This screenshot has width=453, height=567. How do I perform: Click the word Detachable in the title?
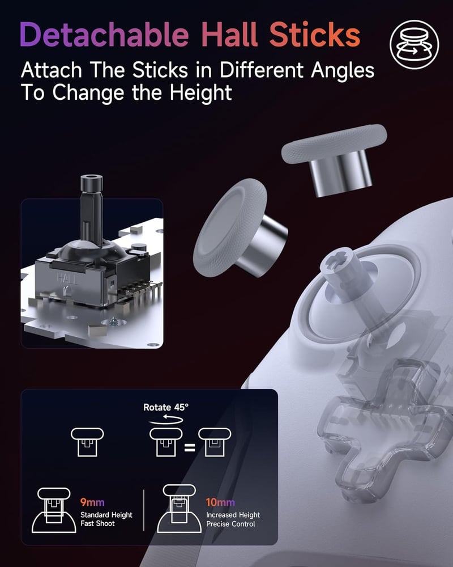tap(104, 35)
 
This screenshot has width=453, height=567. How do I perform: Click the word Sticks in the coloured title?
tap(315, 35)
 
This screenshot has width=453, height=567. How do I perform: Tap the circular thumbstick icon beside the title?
tap(414, 44)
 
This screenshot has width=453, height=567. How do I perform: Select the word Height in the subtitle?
tap(200, 92)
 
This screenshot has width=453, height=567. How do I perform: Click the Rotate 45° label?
tap(166, 408)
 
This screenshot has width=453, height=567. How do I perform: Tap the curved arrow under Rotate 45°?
tap(166, 420)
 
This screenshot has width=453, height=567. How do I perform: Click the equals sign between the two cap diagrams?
tap(190, 448)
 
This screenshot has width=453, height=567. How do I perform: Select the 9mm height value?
tap(92, 502)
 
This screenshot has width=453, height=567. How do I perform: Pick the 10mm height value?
tap(220, 502)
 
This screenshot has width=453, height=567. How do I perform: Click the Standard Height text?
tap(106, 515)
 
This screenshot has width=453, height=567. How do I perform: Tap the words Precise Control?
tap(230, 523)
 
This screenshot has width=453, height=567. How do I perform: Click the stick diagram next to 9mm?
tap(54, 510)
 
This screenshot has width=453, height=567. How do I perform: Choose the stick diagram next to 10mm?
tap(179, 509)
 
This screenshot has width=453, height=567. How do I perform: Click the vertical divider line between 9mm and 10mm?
tap(144, 510)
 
